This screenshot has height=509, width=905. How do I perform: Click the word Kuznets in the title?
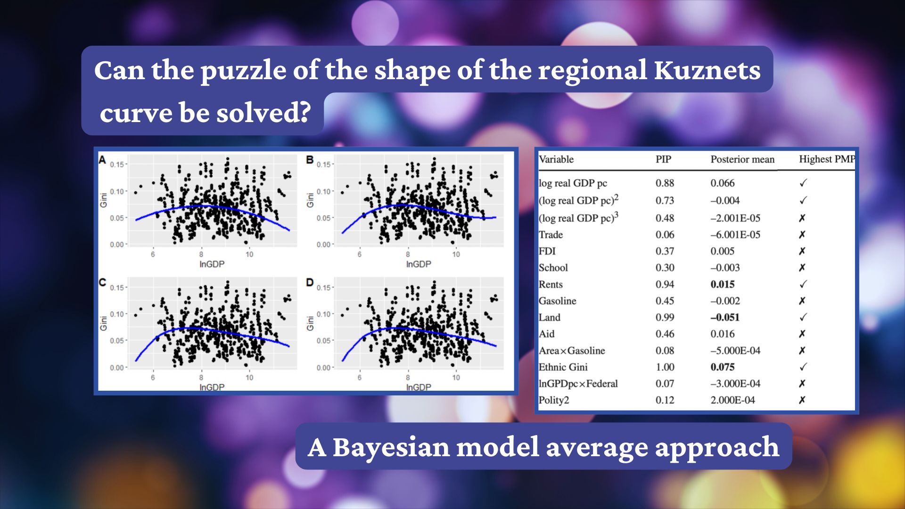point(707,70)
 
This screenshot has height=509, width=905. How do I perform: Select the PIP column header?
point(663,159)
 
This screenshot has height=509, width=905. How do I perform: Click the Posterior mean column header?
point(742,159)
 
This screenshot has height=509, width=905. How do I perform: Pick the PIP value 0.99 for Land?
point(665,317)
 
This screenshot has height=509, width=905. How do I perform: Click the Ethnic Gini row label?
point(563,367)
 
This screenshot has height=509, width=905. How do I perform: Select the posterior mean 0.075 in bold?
point(722,367)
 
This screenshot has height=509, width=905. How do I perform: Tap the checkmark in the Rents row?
point(803,284)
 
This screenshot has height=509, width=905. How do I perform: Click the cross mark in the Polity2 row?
point(802,400)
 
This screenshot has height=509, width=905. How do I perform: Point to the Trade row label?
point(551,235)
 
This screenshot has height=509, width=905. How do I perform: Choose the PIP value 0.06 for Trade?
point(665,235)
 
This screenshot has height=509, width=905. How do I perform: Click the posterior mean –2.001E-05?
point(735,218)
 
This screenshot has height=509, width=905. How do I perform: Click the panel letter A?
point(102,160)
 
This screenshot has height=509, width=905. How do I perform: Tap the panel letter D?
point(310,283)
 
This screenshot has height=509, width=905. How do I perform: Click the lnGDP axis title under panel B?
point(418,264)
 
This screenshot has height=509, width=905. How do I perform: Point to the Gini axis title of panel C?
point(103,323)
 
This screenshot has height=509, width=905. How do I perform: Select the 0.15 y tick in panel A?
point(116,164)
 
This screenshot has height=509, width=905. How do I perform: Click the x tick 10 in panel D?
point(456,378)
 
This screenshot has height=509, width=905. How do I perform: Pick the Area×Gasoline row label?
point(571,351)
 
